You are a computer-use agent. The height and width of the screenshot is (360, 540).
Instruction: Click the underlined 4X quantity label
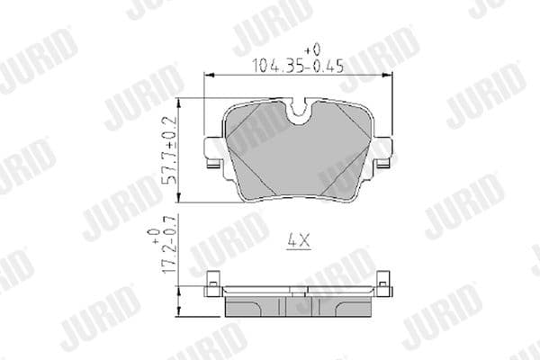point(297,241)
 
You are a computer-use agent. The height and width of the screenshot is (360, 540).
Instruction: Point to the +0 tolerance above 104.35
point(311,48)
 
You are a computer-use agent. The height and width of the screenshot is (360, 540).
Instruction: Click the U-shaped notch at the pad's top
point(300,110)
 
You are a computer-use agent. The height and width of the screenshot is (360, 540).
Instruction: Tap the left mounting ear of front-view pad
point(213,148)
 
